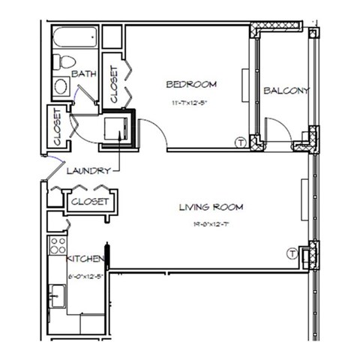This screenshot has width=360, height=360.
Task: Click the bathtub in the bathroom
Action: [x=76, y=37]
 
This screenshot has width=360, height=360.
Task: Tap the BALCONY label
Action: [x=286, y=91]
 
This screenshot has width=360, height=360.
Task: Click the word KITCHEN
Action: [x=85, y=258]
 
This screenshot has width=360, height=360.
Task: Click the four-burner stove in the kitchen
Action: [x=56, y=244]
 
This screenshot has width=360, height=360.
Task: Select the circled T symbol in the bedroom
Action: [x=241, y=140]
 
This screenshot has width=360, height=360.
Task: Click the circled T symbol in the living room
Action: [x=292, y=254]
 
